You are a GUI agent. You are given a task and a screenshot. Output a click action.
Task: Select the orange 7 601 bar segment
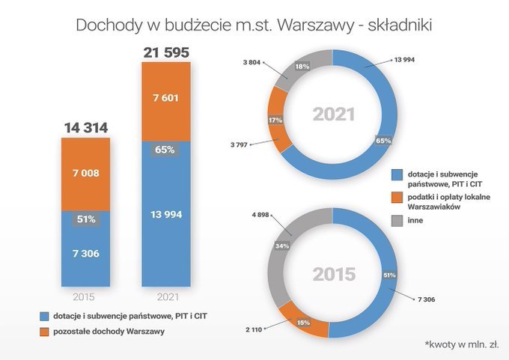(x=165, y=101)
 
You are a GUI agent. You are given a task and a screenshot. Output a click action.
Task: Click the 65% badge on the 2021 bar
(x=165, y=150)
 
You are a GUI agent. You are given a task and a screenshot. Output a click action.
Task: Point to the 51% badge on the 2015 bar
(x=85, y=219)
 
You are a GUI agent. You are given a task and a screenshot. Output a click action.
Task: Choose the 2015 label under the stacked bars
(x=85, y=296)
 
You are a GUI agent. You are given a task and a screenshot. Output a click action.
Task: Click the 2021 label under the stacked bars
(x=165, y=296)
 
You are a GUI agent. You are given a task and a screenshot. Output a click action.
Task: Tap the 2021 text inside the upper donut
(x=334, y=115)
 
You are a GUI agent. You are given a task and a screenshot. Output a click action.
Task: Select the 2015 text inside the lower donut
(x=334, y=273)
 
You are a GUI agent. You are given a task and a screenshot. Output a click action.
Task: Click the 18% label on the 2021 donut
(x=302, y=67)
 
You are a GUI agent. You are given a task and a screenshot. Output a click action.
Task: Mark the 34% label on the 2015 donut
(x=282, y=245)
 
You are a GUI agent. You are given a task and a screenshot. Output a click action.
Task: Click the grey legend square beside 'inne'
(x=396, y=220)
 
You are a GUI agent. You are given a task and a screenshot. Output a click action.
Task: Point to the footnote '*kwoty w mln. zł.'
(x=461, y=344)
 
